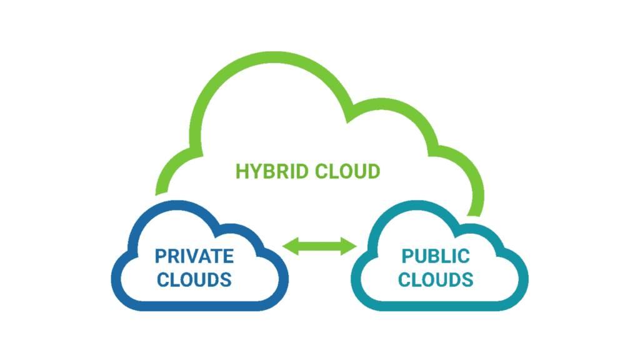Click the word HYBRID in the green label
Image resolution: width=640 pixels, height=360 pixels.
[x=271, y=171]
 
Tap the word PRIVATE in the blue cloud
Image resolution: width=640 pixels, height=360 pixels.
[x=195, y=256]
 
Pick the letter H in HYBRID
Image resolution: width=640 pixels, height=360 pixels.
[x=241, y=171]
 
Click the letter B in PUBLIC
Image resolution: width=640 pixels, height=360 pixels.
[x=436, y=256]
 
